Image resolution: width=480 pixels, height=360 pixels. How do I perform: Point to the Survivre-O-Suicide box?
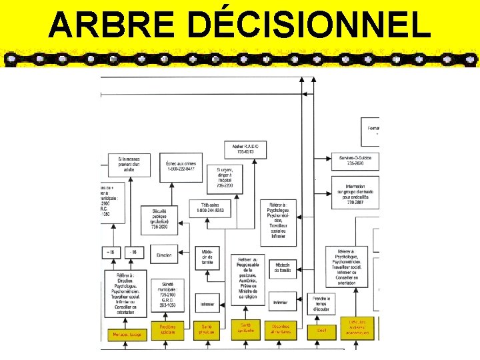(355, 160)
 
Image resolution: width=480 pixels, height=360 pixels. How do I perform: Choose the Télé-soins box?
(210, 208)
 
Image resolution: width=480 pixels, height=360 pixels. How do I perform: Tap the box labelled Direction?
(164, 255)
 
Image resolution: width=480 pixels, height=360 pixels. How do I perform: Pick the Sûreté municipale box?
(167, 296)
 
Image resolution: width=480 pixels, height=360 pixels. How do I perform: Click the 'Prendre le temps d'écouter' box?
(321, 304)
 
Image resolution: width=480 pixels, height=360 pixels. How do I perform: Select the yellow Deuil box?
(321, 329)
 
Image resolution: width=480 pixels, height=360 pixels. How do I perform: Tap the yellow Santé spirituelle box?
(245, 327)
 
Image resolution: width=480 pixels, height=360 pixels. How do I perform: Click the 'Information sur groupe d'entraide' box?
(355, 193)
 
